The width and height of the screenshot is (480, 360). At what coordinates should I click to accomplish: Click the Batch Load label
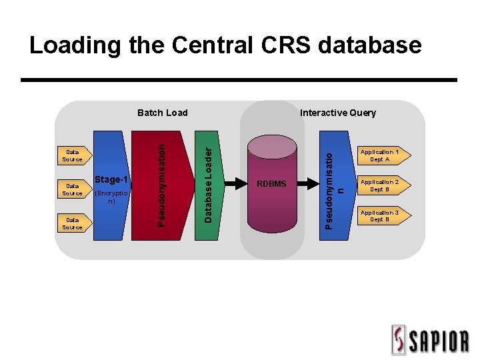click(x=162, y=113)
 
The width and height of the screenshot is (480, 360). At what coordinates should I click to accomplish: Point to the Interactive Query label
click(x=337, y=113)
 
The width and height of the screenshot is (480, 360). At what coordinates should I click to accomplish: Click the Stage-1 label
click(x=111, y=179)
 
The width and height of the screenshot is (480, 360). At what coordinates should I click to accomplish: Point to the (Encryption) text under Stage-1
click(x=111, y=197)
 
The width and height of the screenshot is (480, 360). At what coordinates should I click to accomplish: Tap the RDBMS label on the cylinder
click(x=271, y=183)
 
